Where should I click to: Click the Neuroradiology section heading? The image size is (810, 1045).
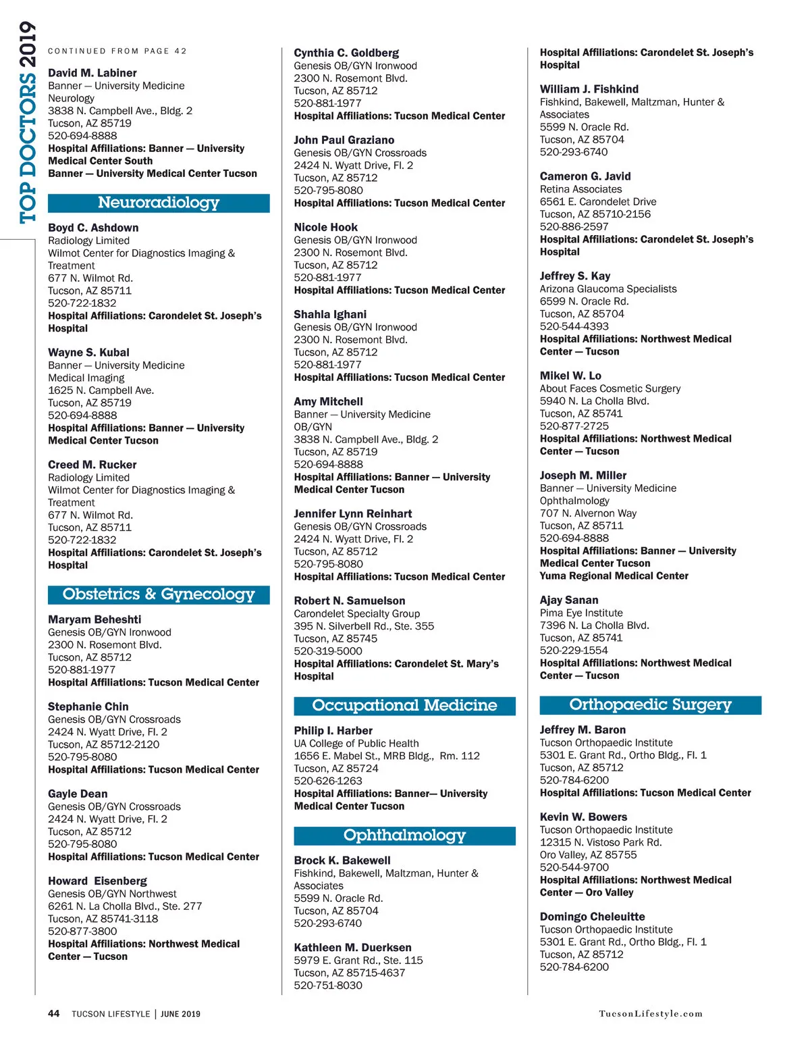[159, 203]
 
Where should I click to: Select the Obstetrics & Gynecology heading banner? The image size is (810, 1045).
[159, 594]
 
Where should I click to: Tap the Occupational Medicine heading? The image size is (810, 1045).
[404, 705]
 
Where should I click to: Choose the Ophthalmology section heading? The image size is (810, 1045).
[404, 836]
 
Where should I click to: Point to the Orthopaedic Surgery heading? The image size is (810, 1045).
[650, 705]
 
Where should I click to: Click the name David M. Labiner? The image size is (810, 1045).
[92, 73]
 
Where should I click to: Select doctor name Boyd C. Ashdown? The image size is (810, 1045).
[93, 228]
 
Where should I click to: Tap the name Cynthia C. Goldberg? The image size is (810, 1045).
[346, 53]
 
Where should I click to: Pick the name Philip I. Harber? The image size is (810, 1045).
[333, 730]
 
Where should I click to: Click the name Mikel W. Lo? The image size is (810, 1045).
[570, 376]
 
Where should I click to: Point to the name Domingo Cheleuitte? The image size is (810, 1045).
[592, 917]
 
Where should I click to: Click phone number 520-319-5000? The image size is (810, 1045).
[328, 651]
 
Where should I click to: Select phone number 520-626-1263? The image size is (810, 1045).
[328, 781]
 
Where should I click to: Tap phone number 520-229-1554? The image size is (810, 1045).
[574, 651]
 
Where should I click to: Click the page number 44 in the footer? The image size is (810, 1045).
[54, 1013]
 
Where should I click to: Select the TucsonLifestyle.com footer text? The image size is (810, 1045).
[651, 1014]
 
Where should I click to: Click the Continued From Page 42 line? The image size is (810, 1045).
[117, 51]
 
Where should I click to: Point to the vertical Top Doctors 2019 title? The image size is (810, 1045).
[28, 122]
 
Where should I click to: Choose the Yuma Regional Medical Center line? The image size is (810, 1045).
[614, 576]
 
